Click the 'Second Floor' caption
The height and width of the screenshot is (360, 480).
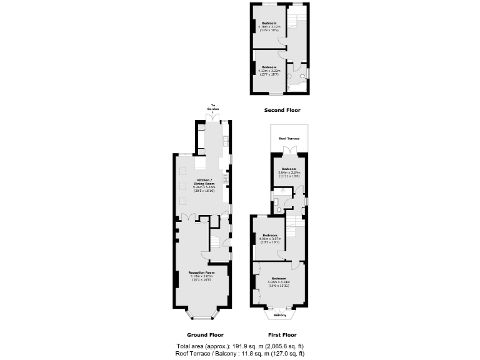pyautogui.click(x=281, y=110)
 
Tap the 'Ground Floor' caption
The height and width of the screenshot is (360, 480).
pyautogui.click(x=204, y=334)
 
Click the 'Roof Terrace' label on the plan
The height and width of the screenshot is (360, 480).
pyautogui.click(x=289, y=138)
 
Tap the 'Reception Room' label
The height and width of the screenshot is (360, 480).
pyautogui.click(x=202, y=272)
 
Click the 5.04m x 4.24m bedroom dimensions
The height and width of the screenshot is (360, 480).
pyautogui.click(x=279, y=281)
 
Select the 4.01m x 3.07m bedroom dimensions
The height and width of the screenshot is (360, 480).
pyautogui.click(x=270, y=239)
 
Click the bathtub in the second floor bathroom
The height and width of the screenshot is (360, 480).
pyautogui.click(x=294, y=88)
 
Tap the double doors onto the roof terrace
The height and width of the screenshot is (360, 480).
pyautogui.click(x=288, y=150)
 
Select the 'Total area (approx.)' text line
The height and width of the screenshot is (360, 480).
pyautogui.click(x=241, y=346)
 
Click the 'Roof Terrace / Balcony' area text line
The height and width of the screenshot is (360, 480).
pyautogui.click(x=241, y=353)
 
